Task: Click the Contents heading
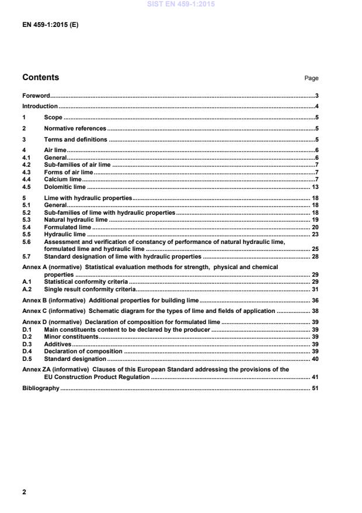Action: pyautogui.click(x=40, y=77)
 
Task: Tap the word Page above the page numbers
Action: pyautogui.click(x=311, y=78)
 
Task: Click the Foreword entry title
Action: pyautogui.click(x=36, y=95)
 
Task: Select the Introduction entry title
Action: pyautogui.click(x=40, y=106)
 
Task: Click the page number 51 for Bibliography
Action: pyautogui.click(x=314, y=389)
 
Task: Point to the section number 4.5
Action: pyautogui.click(x=26, y=187)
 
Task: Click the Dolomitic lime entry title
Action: pyautogui.click(x=65, y=187)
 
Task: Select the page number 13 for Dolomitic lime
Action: pyautogui.click(x=314, y=187)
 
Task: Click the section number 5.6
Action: pyautogui.click(x=26, y=242)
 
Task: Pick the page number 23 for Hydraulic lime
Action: pyautogui.click(x=314, y=235)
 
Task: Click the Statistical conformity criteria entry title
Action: pyautogui.click(x=86, y=282)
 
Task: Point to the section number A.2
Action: pyautogui.click(x=26, y=289)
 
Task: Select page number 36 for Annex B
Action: pyautogui.click(x=314, y=300)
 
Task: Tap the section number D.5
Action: pyautogui.click(x=26, y=359)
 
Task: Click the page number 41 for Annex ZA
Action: pyautogui.click(x=314, y=377)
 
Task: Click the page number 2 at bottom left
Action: pyautogui.click(x=24, y=492)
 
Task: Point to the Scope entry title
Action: pyautogui.click(x=53, y=118)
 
